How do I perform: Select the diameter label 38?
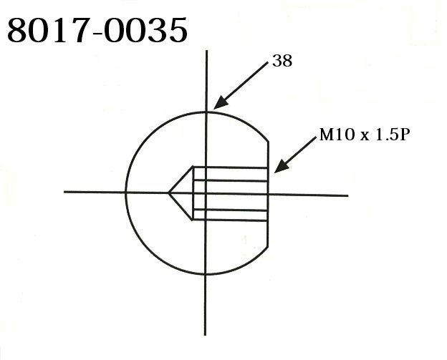(282, 62)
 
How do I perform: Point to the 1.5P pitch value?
(392, 135)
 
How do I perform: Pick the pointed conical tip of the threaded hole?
(169, 193)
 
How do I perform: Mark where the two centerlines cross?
(206, 193)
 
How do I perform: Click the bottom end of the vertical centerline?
(206, 334)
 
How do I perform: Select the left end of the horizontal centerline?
(64, 192)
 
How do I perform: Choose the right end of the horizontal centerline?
(347, 194)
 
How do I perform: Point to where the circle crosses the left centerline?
(125, 192)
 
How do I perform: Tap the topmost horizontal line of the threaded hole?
(229, 167)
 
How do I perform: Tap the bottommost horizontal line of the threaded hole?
(229, 218)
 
